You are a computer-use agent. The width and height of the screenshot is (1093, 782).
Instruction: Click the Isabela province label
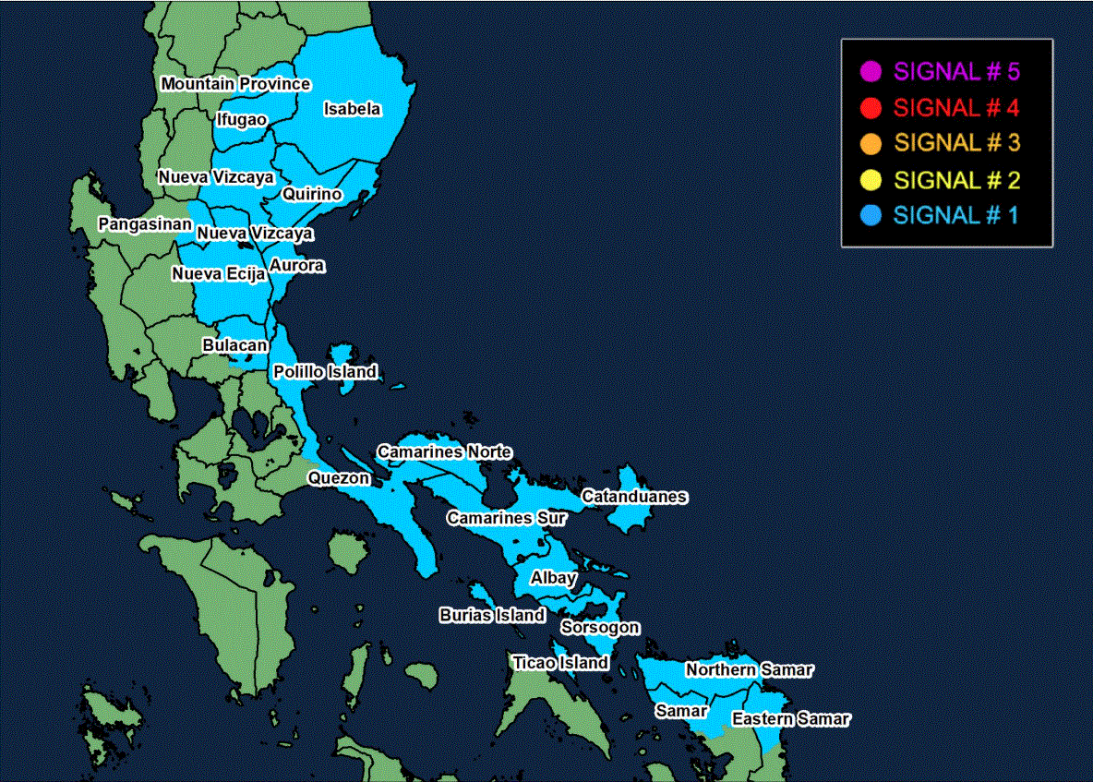coord(352,109)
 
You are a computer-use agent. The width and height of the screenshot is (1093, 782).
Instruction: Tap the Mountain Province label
coord(235,84)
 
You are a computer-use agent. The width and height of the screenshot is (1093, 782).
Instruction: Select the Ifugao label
coord(242,119)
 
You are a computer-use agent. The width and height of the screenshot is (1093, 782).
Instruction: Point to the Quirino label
coord(312,194)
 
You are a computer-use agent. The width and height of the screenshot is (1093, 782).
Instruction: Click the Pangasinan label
coord(145,224)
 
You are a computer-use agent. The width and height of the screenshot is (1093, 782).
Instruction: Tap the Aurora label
coord(297,266)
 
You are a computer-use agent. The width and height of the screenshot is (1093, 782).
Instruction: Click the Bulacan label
coord(235,345)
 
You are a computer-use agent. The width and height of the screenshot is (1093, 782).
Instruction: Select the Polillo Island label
coord(325,372)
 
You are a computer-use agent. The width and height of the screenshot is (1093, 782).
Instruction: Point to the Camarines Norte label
coord(444,451)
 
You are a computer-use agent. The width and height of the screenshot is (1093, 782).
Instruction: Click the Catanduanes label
coord(634,497)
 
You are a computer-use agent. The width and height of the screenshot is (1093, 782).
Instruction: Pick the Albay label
coord(553,578)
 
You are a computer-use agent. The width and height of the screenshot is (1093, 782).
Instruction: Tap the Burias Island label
coord(492,615)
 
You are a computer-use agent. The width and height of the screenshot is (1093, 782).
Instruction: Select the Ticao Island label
coord(560,662)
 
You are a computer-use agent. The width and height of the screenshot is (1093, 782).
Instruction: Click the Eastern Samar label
coord(791,718)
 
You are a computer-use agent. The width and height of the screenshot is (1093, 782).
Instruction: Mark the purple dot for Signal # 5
coord(870,71)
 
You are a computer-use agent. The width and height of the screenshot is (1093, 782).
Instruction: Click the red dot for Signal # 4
coord(870,107)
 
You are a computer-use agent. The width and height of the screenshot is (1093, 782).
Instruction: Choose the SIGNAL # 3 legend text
coord(956,143)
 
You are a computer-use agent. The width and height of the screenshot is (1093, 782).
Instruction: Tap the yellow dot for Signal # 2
coord(870,179)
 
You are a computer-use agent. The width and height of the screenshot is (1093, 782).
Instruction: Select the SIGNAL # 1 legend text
coord(956,215)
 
